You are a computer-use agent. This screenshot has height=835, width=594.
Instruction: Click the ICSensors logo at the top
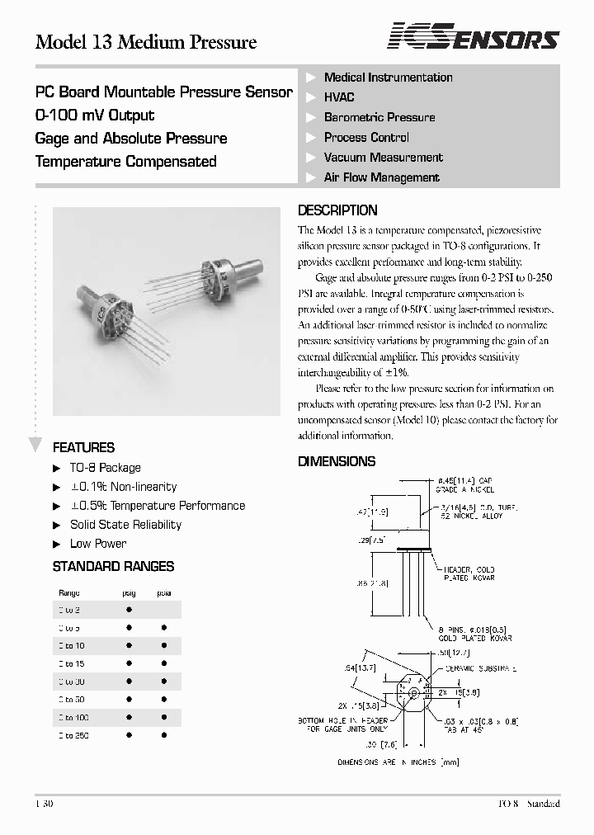(x=474, y=37)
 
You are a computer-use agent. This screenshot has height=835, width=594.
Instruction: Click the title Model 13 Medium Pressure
(x=146, y=42)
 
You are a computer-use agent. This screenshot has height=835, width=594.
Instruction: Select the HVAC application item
(x=340, y=97)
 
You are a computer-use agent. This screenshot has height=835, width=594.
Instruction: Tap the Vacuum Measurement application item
(x=383, y=158)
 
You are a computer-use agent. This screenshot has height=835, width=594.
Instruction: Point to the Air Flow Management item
(x=381, y=177)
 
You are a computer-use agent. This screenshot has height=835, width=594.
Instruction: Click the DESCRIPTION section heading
(x=337, y=210)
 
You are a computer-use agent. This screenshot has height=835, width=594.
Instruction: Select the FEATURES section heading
(x=83, y=448)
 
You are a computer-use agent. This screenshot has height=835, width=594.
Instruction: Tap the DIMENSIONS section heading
(x=337, y=462)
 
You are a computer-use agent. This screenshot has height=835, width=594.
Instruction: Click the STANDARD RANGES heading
(x=113, y=567)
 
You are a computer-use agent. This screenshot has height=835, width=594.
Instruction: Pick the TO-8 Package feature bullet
(x=105, y=468)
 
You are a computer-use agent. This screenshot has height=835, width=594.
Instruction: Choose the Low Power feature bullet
(x=98, y=544)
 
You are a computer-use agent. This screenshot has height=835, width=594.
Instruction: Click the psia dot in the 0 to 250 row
(x=163, y=735)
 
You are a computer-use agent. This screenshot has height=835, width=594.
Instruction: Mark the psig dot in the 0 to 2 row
(x=130, y=609)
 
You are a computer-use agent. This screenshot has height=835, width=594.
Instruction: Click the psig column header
(x=129, y=592)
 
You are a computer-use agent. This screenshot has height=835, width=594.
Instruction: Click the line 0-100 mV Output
(x=95, y=116)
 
